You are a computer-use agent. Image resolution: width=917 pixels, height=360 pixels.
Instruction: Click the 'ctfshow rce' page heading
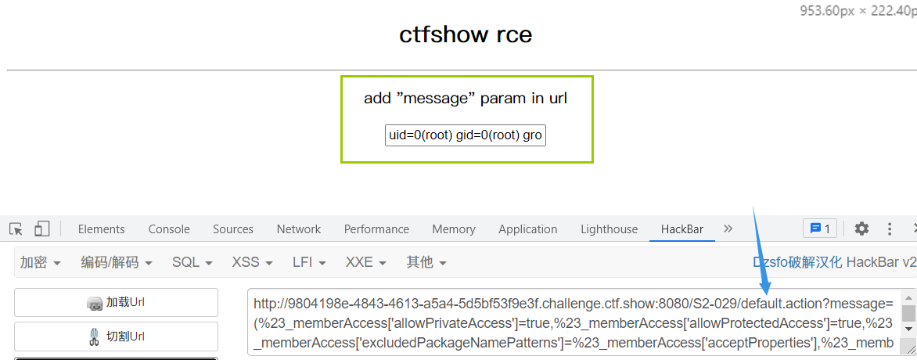(466, 35)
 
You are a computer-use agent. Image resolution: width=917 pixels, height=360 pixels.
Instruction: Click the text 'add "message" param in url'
(466, 99)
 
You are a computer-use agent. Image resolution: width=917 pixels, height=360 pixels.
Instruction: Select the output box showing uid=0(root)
(466, 135)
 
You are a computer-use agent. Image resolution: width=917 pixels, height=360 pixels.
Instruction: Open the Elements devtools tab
(101, 229)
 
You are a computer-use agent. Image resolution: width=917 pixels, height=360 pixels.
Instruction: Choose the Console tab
(169, 229)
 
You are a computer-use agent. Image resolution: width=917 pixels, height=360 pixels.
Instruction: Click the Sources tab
(233, 229)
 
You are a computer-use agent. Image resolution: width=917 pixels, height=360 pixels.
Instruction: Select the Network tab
(298, 229)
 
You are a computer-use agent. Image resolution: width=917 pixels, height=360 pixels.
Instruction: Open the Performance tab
(376, 229)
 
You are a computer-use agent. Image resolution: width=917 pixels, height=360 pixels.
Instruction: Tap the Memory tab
(454, 229)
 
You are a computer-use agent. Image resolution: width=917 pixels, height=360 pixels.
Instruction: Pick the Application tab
(528, 229)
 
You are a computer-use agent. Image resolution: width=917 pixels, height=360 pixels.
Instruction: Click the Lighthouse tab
(609, 229)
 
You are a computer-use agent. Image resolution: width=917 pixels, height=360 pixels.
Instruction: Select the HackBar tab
(681, 229)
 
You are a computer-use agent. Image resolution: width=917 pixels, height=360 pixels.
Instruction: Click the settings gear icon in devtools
(861, 229)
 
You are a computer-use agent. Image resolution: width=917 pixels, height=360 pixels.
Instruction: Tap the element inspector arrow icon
(16, 229)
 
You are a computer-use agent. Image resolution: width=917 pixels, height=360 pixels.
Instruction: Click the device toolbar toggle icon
(41, 229)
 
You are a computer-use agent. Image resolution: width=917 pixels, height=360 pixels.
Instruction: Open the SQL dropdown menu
(192, 262)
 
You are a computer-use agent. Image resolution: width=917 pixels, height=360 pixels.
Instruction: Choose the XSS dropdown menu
(252, 262)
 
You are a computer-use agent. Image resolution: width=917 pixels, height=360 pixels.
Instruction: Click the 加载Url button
(116, 303)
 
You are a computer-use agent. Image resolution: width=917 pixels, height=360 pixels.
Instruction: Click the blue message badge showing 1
(820, 229)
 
